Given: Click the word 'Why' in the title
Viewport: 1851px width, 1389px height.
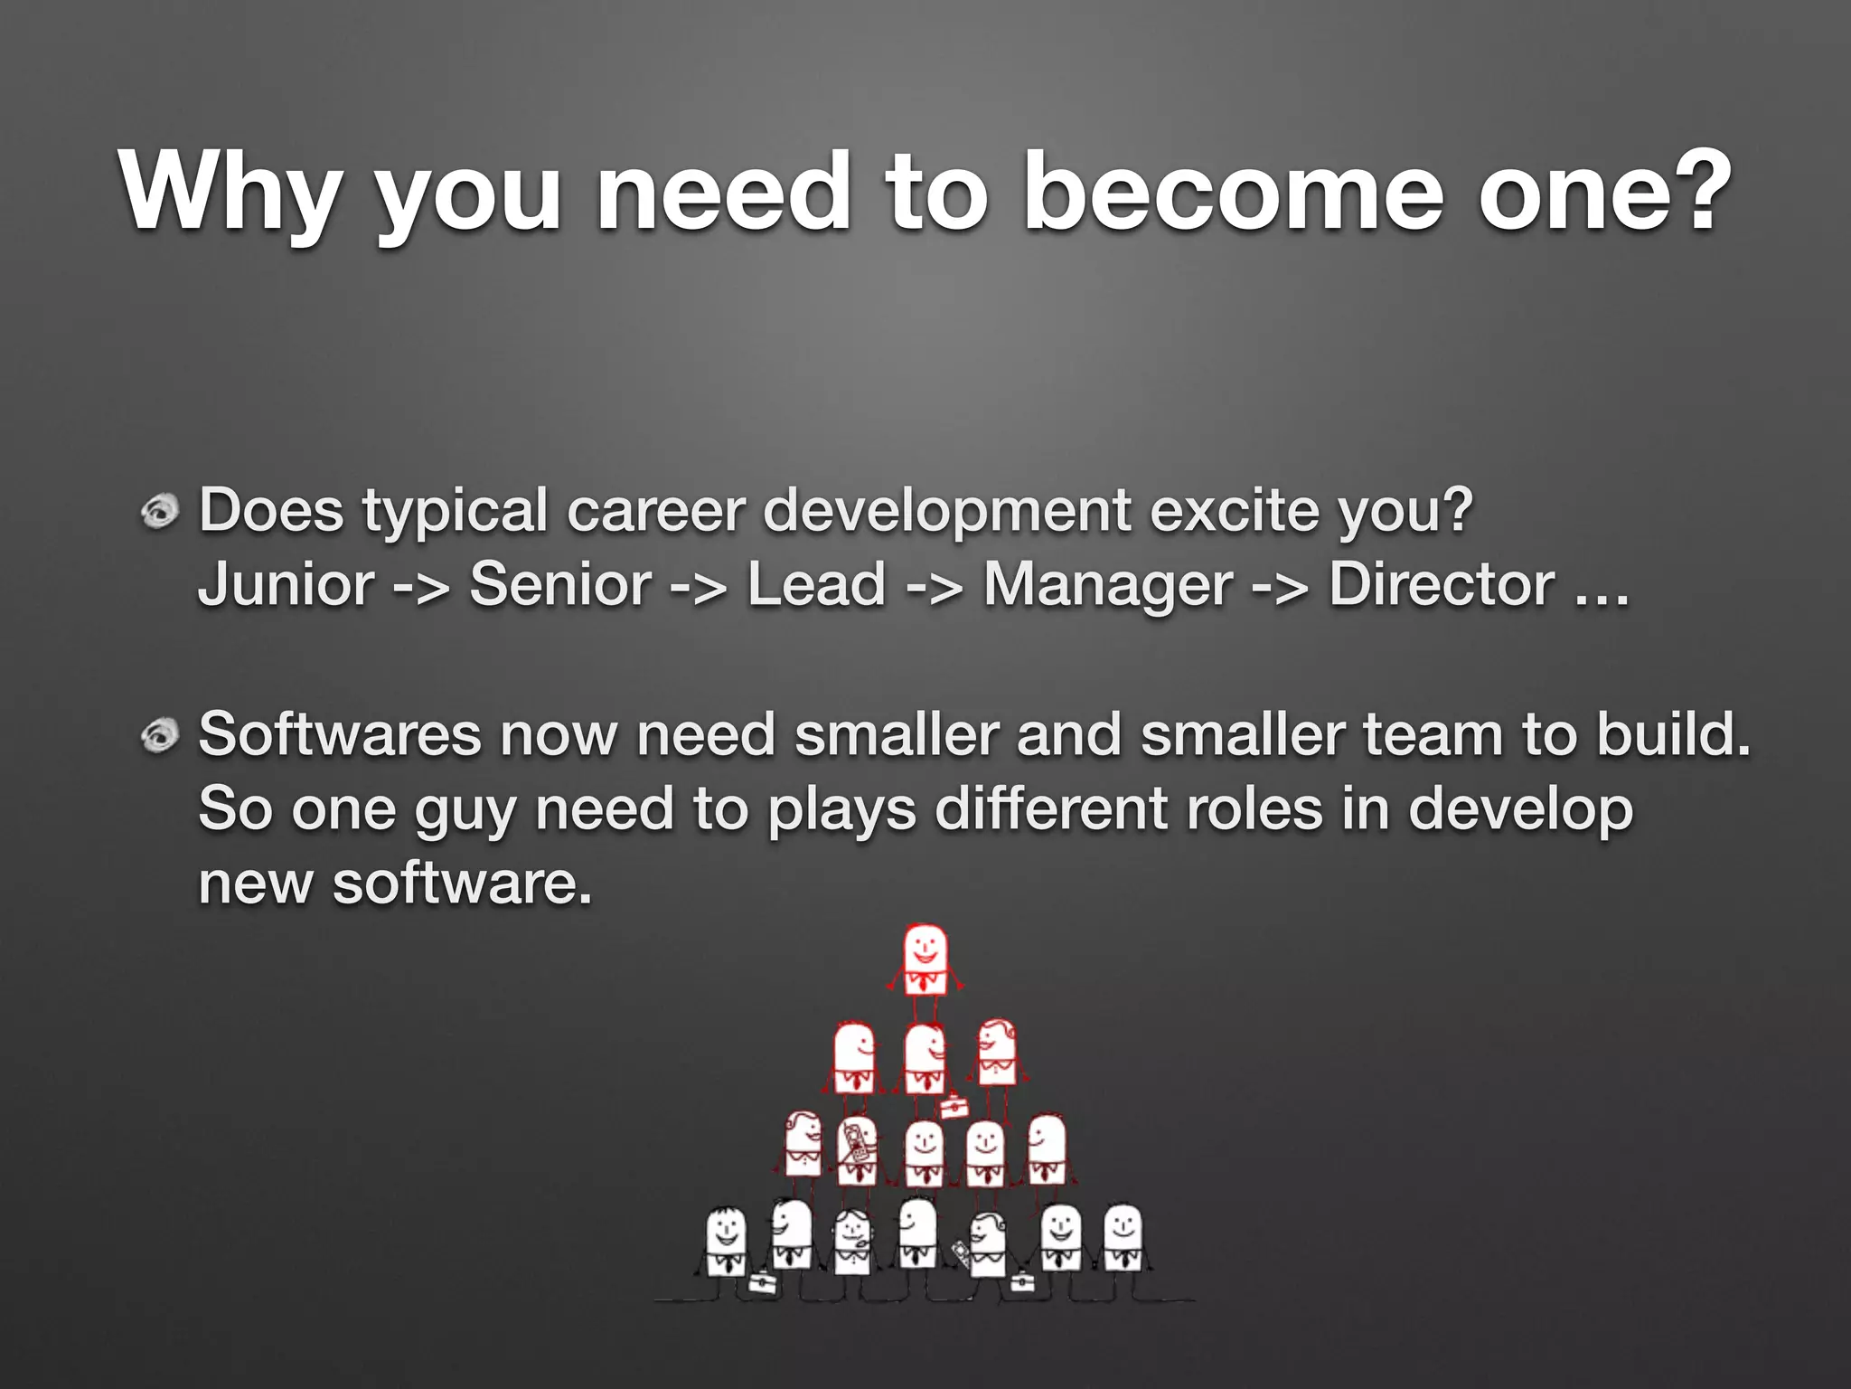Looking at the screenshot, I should pos(230,193).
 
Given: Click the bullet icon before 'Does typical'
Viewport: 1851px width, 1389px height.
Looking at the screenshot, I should pos(161,513).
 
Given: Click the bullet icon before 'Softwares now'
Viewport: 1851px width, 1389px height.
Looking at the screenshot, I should pos(161,735).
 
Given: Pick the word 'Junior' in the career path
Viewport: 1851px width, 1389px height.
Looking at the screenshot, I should pos(286,585).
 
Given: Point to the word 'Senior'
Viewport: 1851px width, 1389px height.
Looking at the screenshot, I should pos(559,585).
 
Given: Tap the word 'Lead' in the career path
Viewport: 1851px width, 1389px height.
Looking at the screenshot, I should pos(815,585).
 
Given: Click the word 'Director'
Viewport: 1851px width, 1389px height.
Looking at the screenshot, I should pos(1442,585).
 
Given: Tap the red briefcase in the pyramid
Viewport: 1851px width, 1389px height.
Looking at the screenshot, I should pos(954,1106).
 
